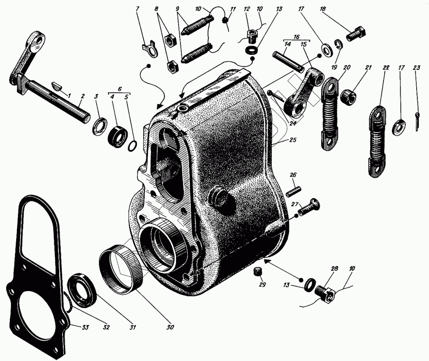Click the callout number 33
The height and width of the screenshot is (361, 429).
tap(85, 327)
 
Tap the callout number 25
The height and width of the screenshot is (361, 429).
tap(293, 140)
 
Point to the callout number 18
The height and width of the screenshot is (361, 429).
tap(323, 9)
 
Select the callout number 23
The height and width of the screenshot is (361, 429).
tap(416, 67)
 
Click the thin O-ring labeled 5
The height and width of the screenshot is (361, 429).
tap(132, 146)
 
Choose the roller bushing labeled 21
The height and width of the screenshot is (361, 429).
tap(348, 96)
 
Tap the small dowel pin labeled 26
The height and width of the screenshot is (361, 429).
tap(294, 191)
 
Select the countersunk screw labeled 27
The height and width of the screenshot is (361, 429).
tap(309, 207)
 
